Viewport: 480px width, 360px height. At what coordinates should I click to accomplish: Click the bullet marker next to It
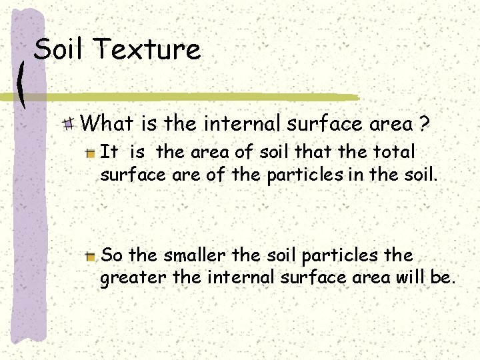tap(90, 153)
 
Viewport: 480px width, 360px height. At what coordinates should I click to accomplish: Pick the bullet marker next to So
tap(90, 257)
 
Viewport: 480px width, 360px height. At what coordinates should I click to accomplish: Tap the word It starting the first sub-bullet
tap(108, 153)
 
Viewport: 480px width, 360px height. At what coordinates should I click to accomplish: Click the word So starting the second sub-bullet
tap(111, 255)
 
